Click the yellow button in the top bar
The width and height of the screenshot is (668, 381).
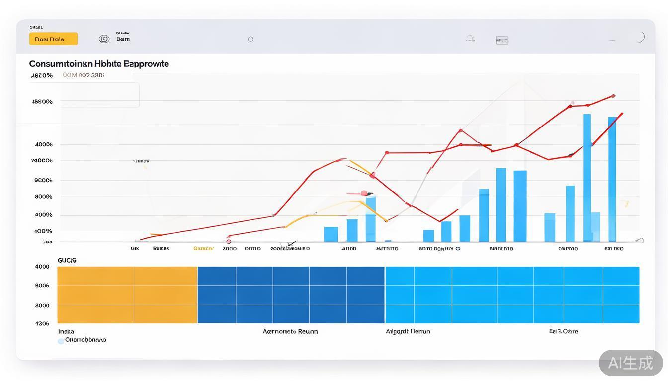coord(53,39)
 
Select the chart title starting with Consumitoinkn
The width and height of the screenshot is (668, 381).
coord(99,63)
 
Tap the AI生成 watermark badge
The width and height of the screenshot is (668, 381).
coord(630,363)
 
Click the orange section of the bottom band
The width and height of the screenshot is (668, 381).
coord(127,295)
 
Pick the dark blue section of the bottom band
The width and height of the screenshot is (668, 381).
coord(291,295)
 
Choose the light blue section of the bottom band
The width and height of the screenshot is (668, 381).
coord(512,295)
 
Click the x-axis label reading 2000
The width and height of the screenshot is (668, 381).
coord(230,249)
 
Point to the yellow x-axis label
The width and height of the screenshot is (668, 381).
coord(203,249)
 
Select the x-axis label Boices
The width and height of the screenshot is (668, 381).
coord(161,249)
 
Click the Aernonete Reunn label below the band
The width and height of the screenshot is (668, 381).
coord(290,331)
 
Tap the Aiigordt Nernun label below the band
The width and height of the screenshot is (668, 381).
coord(408,331)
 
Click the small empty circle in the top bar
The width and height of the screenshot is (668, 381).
coord(250,39)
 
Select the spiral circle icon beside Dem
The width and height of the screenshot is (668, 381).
coord(104,39)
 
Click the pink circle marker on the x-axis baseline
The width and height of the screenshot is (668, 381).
coord(229,242)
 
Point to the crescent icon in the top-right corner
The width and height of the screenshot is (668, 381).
coord(641,37)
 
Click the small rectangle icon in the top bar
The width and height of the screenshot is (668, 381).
coord(502,40)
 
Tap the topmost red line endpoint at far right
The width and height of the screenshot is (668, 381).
coord(613,96)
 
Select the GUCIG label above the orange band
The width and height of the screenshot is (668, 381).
coord(67,260)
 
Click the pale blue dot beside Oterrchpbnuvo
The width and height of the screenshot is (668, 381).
coord(61,341)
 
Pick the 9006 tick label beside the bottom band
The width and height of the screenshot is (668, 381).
coord(42,286)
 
